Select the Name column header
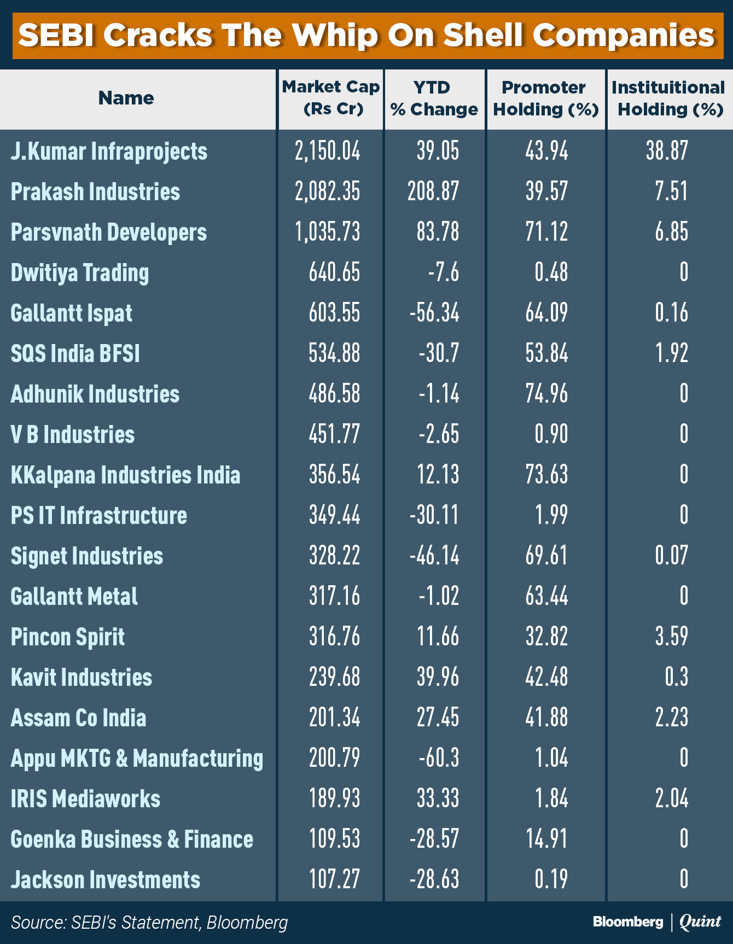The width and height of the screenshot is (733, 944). [x=126, y=98]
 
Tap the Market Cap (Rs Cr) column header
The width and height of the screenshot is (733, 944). [x=331, y=98]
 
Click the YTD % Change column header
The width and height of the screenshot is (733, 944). [x=434, y=98]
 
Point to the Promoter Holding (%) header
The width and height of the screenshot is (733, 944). [x=546, y=98]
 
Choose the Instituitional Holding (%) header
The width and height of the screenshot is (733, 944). [x=668, y=98]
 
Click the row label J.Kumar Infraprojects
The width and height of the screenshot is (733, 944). [x=109, y=151]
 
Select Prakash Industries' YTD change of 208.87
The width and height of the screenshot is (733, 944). [x=433, y=192]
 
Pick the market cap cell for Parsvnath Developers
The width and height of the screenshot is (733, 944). [x=328, y=232]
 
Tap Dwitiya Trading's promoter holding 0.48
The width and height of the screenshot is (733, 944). [x=551, y=272]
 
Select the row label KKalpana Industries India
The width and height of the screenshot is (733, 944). [x=125, y=475]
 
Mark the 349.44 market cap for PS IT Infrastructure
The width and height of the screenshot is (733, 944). [x=334, y=515]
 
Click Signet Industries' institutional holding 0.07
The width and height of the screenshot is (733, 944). [x=671, y=556]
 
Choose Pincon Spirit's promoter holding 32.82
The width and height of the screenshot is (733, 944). [x=546, y=637]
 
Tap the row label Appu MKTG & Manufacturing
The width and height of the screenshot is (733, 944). [x=137, y=759]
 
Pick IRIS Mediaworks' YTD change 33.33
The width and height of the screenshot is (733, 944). [x=438, y=799]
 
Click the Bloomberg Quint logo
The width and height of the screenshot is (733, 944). [x=656, y=922]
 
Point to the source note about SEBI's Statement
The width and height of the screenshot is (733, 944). [x=149, y=923]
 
